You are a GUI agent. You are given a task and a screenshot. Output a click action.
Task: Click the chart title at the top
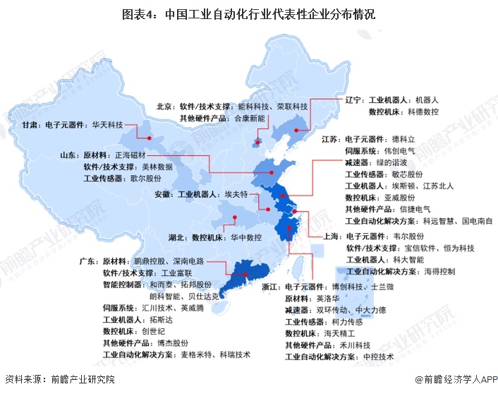click(x=248, y=13)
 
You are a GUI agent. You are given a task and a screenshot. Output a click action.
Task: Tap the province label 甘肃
click(x=31, y=125)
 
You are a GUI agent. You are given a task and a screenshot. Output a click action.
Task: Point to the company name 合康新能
click(x=250, y=118)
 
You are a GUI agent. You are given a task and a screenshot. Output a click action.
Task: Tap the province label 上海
click(x=334, y=236)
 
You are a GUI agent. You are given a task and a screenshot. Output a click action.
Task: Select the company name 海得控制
click(x=440, y=271)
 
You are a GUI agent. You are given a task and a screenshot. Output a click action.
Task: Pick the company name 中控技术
click(x=379, y=357)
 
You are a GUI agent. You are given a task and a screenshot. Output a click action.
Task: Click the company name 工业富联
click(x=177, y=273)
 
